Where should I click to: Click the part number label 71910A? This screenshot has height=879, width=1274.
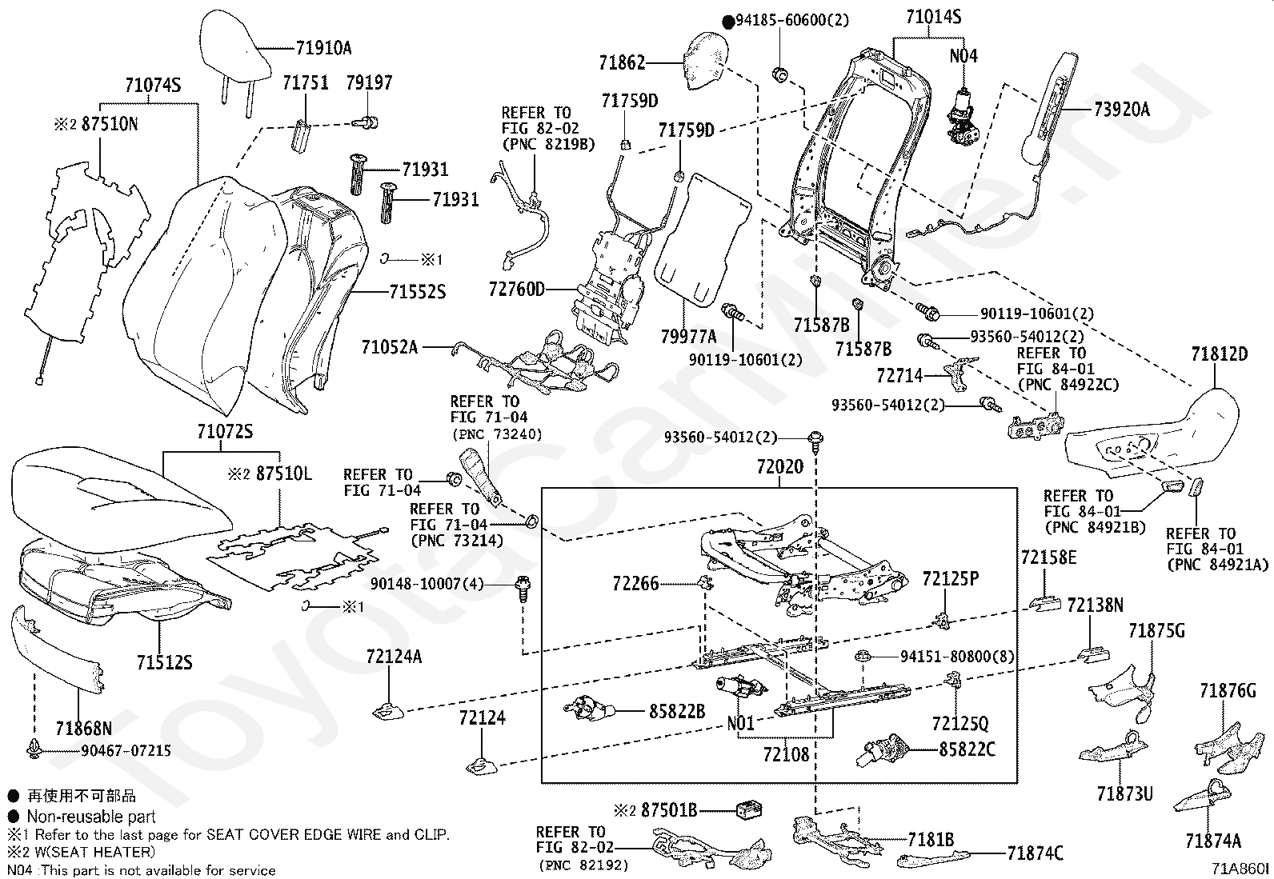(323, 48)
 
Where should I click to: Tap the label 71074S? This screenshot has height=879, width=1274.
(153, 86)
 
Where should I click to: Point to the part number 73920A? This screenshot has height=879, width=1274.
(1122, 109)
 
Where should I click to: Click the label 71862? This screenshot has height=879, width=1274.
(623, 62)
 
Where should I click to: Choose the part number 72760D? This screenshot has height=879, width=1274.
(517, 290)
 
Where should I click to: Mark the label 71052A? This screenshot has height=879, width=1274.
(390, 347)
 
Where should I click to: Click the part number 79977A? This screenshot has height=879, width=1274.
(689, 337)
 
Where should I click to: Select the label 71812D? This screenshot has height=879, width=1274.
(1220, 354)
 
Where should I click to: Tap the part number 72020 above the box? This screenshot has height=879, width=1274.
(780, 467)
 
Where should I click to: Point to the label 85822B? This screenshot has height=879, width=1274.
(677, 711)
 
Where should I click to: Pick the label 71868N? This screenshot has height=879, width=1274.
(84, 729)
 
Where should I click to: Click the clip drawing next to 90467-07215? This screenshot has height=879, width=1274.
(35, 749)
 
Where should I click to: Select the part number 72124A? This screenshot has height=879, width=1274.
(395, 657)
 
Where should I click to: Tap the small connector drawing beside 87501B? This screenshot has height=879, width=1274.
(749, 810)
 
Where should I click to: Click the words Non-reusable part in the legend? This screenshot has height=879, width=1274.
(91, 817)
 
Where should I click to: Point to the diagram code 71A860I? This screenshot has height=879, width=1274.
(1240, 869)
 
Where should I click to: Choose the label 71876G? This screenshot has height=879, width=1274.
(1228, 691)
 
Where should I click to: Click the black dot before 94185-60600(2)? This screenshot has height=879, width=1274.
(728, 22)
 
